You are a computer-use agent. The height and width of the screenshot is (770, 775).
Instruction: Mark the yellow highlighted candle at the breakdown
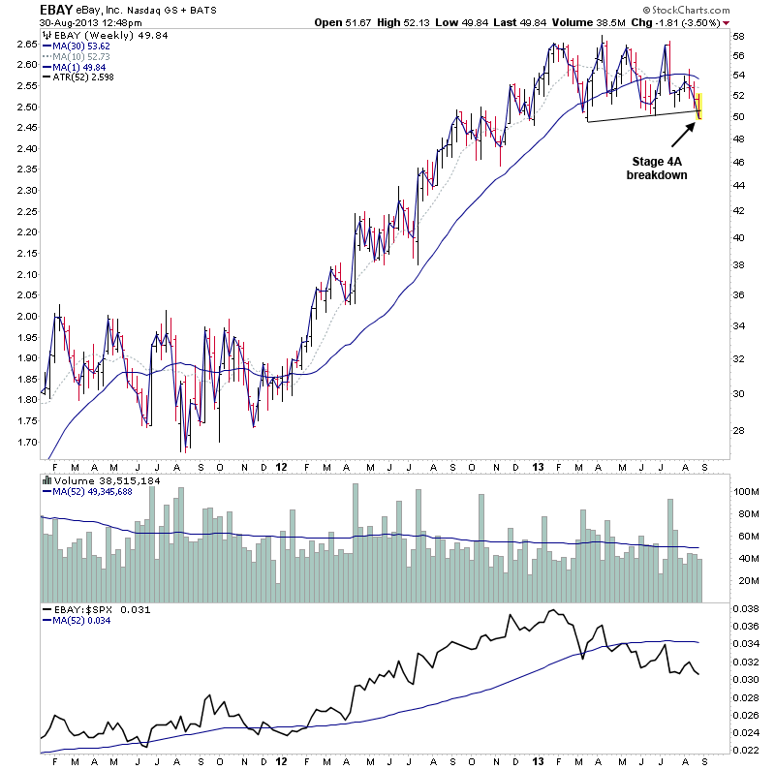[699, 106]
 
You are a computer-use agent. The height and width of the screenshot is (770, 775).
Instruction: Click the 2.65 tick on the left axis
[25, 44]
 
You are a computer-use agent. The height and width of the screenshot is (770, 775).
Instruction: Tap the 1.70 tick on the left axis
[25, 441]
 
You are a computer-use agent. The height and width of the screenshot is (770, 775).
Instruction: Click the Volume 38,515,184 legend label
[102, 479]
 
